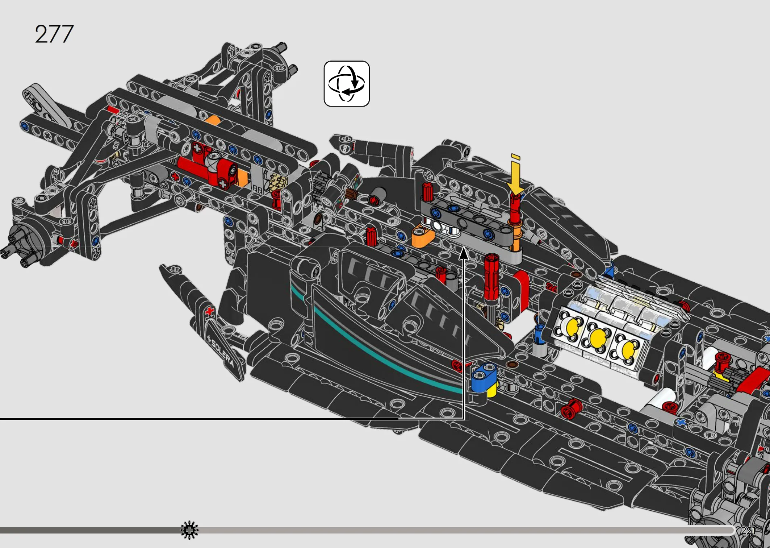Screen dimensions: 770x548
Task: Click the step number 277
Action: tap(54, 34)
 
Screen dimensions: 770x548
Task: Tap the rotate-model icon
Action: tap(347, 84)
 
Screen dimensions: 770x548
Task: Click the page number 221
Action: tap(748, 531)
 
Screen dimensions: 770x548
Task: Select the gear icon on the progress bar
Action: tap(189, 531)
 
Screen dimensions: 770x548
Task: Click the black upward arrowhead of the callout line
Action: tap(464, 253)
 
